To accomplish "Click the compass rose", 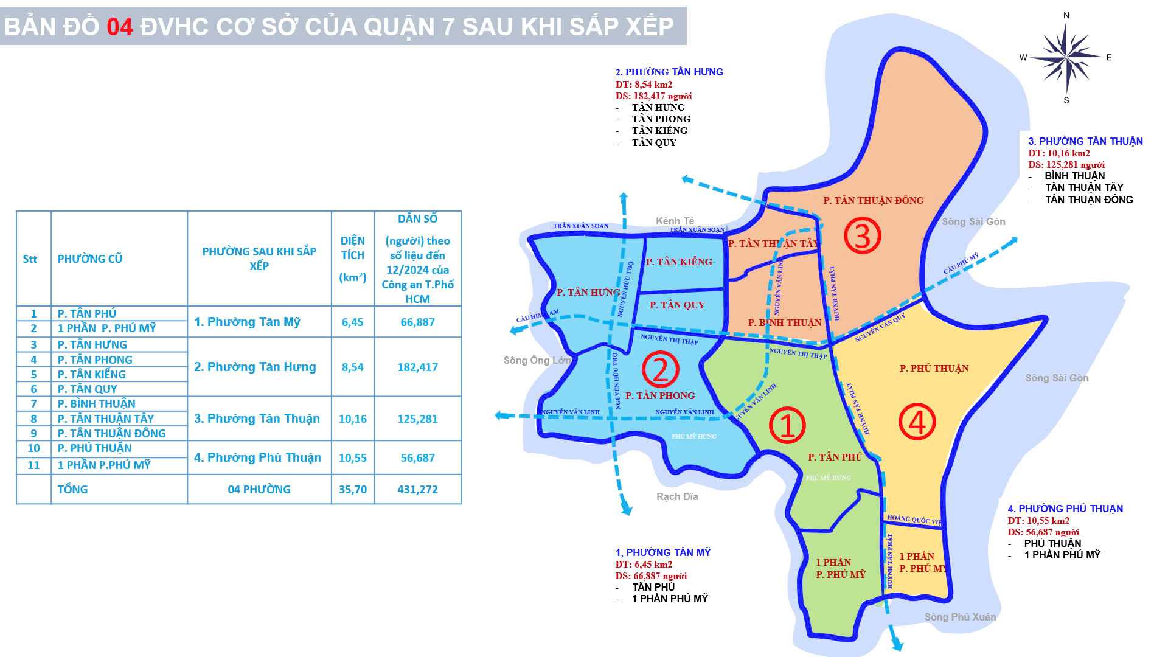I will [x=1066, y=58].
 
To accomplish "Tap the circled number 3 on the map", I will [x=862, y=236].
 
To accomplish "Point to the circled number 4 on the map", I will [x=917, y=422].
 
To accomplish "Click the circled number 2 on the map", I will [x=661, y=368].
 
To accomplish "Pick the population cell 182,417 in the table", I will [x=417, y=367].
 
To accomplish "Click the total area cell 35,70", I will [x=353, y=489].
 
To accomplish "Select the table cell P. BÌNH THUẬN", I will [x=97, y=404].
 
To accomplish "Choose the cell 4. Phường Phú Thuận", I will [x=258, y=457].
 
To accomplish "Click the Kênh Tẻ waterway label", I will [x=675, y=221].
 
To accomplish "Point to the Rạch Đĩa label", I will [x=677, y=496].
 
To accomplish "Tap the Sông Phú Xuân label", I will [x=960, y=617].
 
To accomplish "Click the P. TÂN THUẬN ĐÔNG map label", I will [x=873, y=200].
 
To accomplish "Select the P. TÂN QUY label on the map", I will [x=677, y=305].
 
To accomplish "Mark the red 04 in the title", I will [x=120, y=27].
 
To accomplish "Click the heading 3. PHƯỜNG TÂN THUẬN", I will [x=1085, y=141].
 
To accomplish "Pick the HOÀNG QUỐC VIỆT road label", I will [x=914, y=520].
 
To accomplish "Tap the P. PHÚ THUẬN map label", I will [x=934, y=368].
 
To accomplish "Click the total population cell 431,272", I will [x=417, y=489].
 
